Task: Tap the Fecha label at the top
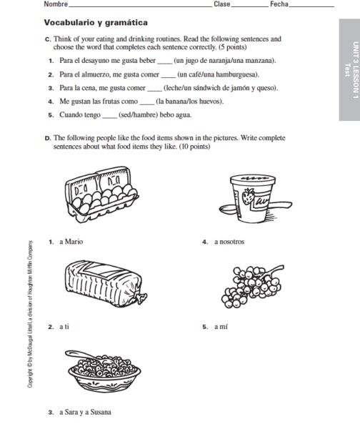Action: [x=279, y=4]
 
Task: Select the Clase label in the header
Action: [x=222, y=4]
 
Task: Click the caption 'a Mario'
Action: [x=71, y=242]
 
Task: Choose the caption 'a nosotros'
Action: [x=229, y=242]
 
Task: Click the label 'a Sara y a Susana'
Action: [x=85, y=412]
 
